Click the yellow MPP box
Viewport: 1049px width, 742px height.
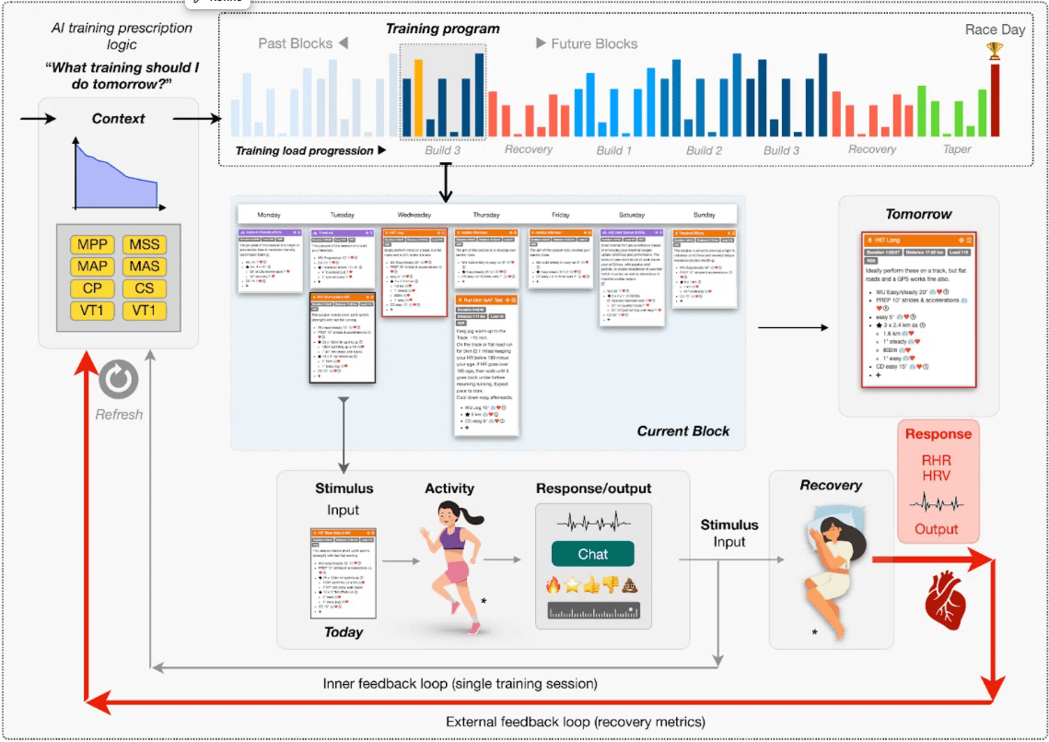91,245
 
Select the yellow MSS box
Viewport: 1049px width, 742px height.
144,245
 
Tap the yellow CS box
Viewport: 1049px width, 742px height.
144,289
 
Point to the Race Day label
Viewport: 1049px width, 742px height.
995,29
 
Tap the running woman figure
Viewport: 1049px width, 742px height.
451,563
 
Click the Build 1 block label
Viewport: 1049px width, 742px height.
614,149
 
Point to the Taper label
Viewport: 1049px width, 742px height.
957,149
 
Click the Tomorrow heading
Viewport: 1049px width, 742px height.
918,214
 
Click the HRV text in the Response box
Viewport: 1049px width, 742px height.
937,477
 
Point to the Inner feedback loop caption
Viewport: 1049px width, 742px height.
460,684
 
